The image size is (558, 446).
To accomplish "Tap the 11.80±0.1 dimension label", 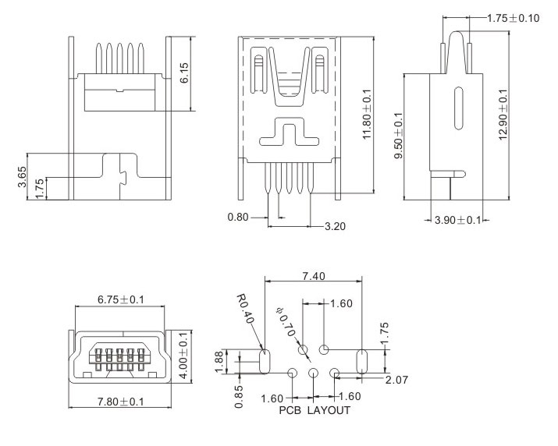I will (x=368, y=115).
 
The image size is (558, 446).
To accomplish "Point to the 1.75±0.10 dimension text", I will (x=513, y=18).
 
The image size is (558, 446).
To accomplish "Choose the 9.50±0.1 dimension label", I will (x=399, y=136).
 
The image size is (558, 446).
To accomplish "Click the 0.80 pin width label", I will (x=238, y=218).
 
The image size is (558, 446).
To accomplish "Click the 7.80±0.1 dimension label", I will (x=119, y=402).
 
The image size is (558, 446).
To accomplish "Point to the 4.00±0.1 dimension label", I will (x=184, y=355).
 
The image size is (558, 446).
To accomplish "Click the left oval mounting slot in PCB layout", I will (x=264, y=361).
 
